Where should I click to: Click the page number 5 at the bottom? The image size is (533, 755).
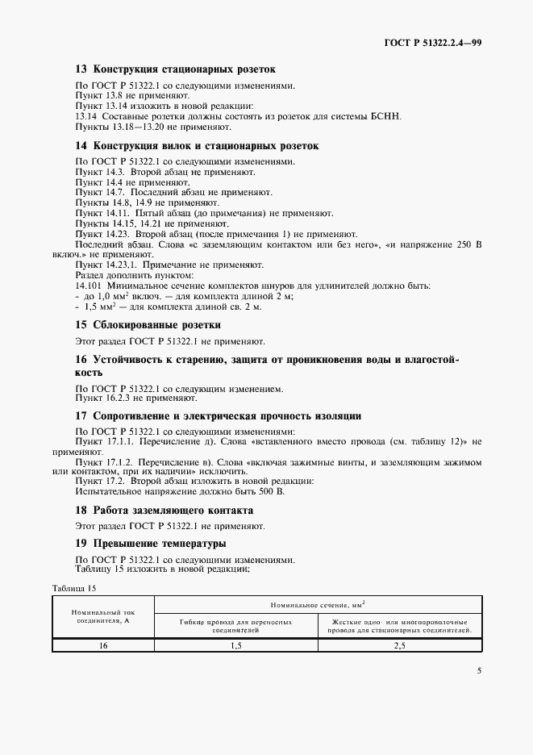pyautogui.click(x=478, y=669)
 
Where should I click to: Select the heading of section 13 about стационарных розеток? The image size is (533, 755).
pyautogui.click(x=175, y=69)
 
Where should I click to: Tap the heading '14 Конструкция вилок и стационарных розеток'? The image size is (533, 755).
pyautogui.click(x=197, y=146)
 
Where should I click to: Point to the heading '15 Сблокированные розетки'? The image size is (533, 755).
pyautogui.click(x=148, y=324)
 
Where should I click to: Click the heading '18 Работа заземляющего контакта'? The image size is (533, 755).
pyautogui.click(x=164, y=510)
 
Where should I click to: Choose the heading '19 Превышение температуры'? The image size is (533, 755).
pyautogui.click(x=150, y=544)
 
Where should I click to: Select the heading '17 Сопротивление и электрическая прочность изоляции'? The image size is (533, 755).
pyautogui.click(x=218, y=415)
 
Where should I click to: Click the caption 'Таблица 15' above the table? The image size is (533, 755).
pyautogui.click(x=74, y=588)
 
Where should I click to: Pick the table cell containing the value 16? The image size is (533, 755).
pyautogui.click(x=102, y=645)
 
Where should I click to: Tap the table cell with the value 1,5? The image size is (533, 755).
pyautogui.click(x=235, y=645)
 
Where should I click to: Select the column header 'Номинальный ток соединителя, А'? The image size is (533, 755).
pyautogui.click(x=102, y=617)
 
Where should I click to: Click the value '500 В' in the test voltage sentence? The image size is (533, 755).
pyautogui.click(x=273, y=491)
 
